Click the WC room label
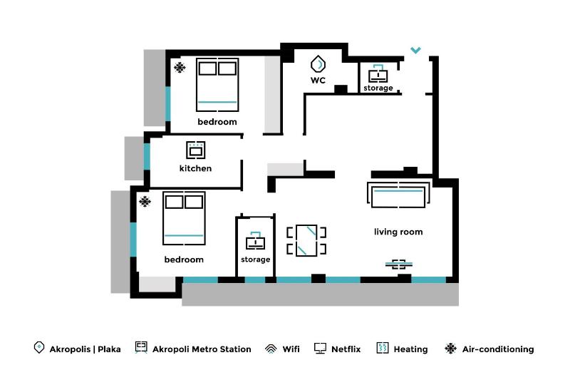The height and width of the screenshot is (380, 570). click(x=318, y=81)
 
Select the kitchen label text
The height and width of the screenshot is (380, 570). click(x=195, y=169)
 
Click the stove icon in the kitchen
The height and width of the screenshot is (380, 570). click(x=196, y=150)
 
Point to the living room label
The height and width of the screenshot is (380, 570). click(x=398, y=232)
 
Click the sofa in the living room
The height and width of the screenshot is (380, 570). click(x=398, y=195)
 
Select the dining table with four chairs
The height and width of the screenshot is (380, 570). click(x=306, y=240)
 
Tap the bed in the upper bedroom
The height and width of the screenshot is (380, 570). click(x=217, y=85)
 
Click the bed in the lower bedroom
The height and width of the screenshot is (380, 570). click(x=184, y=218)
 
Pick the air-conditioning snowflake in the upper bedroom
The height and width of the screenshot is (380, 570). click(x=180, y=68)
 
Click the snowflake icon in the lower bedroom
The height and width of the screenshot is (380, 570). click(x=145, y=202)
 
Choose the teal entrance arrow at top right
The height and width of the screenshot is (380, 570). click(x=415, y=51)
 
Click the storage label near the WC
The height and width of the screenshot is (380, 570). click(x=378, y=88)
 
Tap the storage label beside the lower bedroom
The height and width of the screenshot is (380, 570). click(x=255, y=260)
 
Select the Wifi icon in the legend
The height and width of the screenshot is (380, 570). click(x=271, y=349)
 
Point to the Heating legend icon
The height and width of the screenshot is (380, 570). click(x=382, y=349)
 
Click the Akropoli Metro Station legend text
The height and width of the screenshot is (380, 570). click(x=202, y=349)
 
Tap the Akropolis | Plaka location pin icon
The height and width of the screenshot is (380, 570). click(x=39, y=348)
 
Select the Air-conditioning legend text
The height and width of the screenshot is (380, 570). click(x=497, y=349)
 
